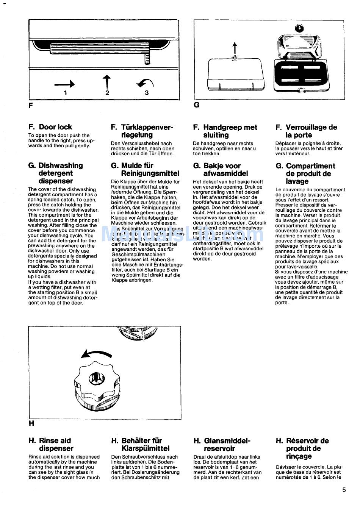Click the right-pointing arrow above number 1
click(x=64, y=84)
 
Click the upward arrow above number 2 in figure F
click(x=107, y=82)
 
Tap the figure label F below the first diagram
click(x=31, y=105)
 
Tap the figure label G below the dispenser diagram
click(x=196, y=105)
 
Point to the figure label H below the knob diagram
click(x=31, y=423)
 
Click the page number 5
click(x=344, y=490)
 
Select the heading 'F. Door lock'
click(x=50, y=127)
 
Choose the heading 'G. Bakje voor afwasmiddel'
click(x=222, y=170)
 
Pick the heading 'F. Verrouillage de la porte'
click(x=306, y=131)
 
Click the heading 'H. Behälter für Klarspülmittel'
click(x=140, y=445)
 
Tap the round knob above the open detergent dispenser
click(x=300, y=28)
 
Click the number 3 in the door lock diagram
click(x=147, y=92)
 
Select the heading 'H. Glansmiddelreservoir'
click(x=222, y=445)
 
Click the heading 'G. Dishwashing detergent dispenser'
click(x=55, y=173)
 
